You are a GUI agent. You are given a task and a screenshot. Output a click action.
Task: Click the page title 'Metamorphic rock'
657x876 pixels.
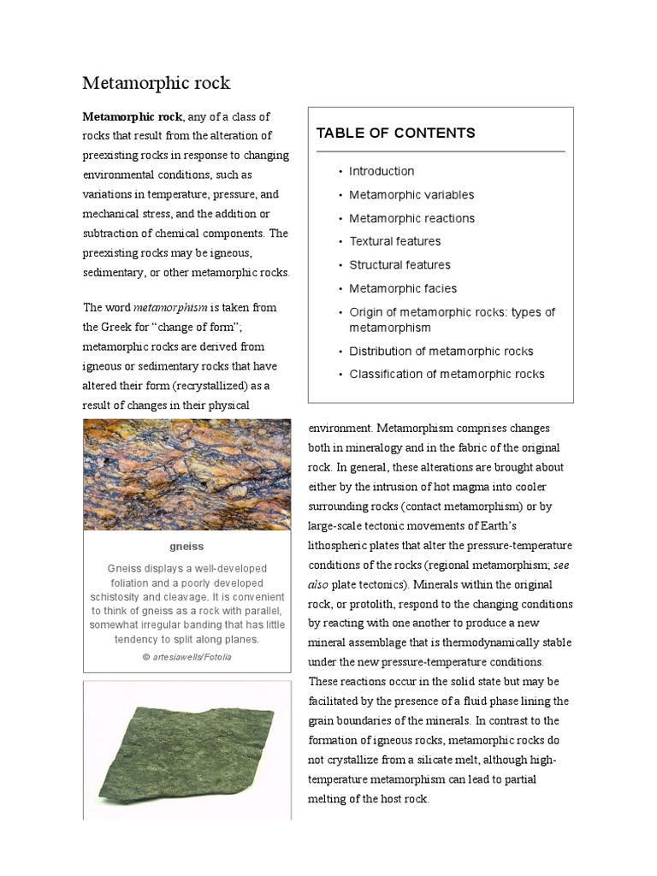(156, 83)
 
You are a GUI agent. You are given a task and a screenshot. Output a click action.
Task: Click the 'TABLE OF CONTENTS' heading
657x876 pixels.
(395, 133)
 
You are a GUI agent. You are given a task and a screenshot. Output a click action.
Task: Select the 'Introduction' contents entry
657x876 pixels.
(381, 171)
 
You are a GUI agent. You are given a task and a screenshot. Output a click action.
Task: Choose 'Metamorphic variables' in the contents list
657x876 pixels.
(411, 195)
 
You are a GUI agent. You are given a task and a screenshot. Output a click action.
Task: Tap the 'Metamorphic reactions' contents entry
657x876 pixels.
(411, 218)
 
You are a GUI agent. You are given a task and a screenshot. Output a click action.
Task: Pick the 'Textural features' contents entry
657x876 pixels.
(394, 241)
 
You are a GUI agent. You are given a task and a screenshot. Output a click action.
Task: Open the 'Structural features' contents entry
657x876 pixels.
(400, 265)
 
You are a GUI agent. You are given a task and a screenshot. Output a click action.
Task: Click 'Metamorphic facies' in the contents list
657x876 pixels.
(403, 288)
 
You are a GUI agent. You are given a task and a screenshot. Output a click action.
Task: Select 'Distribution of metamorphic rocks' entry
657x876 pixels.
(441, 352)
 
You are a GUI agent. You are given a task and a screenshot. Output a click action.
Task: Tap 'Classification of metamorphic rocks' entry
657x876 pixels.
(447, 375)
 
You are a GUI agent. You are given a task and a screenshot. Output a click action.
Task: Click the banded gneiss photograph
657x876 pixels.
(186, 474)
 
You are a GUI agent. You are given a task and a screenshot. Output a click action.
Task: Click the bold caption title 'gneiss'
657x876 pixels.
(186, 547)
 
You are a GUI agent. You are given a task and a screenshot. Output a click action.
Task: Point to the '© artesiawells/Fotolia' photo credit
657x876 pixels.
(186, 657)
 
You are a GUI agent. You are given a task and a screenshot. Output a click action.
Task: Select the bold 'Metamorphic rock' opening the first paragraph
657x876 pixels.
(132, 116)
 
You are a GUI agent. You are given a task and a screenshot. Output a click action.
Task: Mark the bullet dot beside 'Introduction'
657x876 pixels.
(340, 172)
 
